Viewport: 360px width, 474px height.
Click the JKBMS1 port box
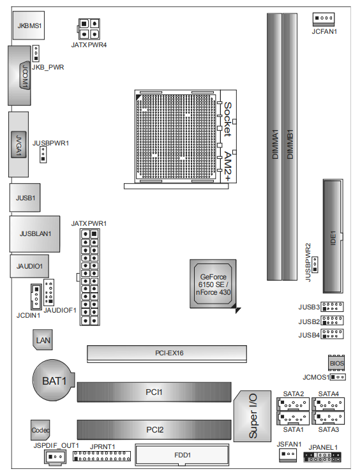coord(29,26)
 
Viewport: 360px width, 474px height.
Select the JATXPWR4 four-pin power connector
coord(89,29)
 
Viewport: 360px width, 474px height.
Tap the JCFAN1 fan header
coord(324,19)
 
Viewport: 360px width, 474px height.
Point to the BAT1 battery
coord(53,380)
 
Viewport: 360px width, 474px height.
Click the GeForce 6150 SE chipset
coord(213,284)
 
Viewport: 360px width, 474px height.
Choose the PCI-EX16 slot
coord(167,353)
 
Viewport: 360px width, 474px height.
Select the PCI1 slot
coord(154,392)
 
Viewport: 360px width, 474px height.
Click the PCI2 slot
coord(154,429)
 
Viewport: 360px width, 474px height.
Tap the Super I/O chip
coord(252,416)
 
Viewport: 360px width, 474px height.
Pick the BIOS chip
coord(336,363)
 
